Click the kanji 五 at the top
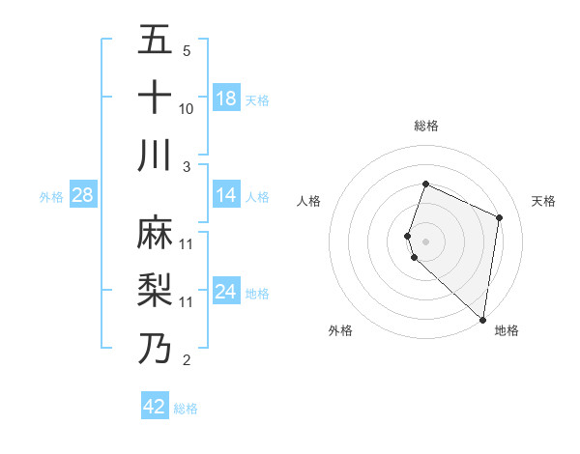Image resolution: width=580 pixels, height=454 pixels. pyautogui.click(x=155, y=40)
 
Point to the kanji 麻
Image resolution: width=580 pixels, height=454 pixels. pyautogui.click(x=155, y=233)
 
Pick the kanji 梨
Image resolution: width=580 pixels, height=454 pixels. pyautogui.click(x=155, y=290)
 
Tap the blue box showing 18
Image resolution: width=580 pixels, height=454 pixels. pyautogui.click(x=226, y=99)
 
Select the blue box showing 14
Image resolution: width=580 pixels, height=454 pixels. pyautogui.click(x=226, y=196)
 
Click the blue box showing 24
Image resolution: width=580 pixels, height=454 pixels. pyautogui.click(x=226, y=293)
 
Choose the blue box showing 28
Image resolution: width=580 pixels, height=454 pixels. pyautogui.click(x=83, y=196)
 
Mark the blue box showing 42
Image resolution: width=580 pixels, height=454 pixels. pyautogui.click(x=155, y=407)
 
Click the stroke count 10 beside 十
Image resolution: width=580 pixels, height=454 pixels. pyautogui.click(x=187, y=108)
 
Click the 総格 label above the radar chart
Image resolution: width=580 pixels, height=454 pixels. pyautogui.click(x=426, y=126)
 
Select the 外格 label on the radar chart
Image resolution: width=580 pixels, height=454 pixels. pyautogui.click(x=340, y=330)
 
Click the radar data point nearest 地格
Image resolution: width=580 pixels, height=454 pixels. pyautogui.click(x=483, y=320)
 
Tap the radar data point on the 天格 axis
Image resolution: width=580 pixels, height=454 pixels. pyautogui.click(x=500, y=217)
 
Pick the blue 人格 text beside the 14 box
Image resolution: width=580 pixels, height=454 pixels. pyautogui.click(x=257, y=197)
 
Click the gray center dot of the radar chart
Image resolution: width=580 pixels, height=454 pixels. pyautogui.click(x=426, y=241)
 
